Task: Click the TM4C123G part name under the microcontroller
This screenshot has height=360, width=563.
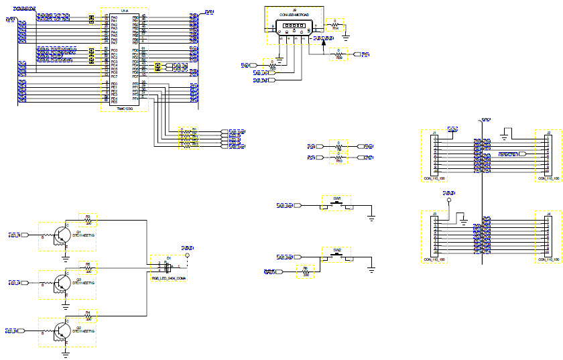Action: [x=125, y=107]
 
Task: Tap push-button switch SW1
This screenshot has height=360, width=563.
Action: [x=337, y=205]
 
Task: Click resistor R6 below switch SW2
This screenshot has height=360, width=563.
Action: [x=306, y=272]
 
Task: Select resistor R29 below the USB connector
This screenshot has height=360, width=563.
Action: [x=338, y=54]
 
